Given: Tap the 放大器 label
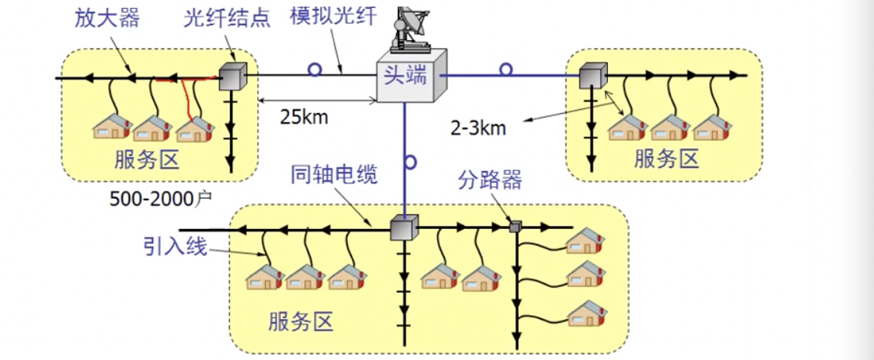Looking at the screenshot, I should point(108,18).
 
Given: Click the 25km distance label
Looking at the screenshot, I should point(304,116).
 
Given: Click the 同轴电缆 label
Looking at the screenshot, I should point(334,174).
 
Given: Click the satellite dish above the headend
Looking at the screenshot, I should point(411,25).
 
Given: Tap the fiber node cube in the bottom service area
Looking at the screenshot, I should point(403,227).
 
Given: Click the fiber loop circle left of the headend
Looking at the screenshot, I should point(314,70).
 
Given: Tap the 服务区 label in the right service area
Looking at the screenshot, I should point(667,158).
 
